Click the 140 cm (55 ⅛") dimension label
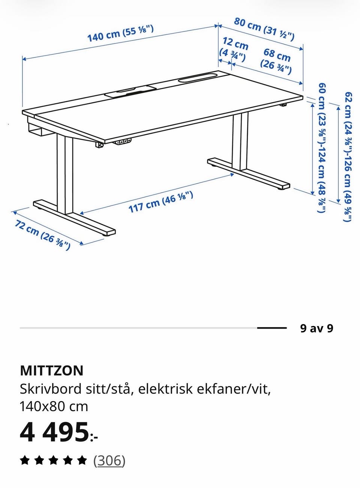(x=120, y=33)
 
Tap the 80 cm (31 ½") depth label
(x=264, y=29)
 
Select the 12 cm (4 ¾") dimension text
(x=234, y=49)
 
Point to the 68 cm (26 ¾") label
(x=276, y=61)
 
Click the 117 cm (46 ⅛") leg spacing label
(x=161, y=202)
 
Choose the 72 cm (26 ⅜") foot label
(x=42, y=235)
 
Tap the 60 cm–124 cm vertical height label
(x=322, y=148)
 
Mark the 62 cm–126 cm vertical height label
(x=348, y=157)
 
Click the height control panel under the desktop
(x=123, y=142)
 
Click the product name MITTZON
(x=52, y=370)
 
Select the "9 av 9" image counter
(x=316, y=328)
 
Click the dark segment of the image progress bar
(x=272, y=328)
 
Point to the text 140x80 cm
(x=54, y=407)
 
